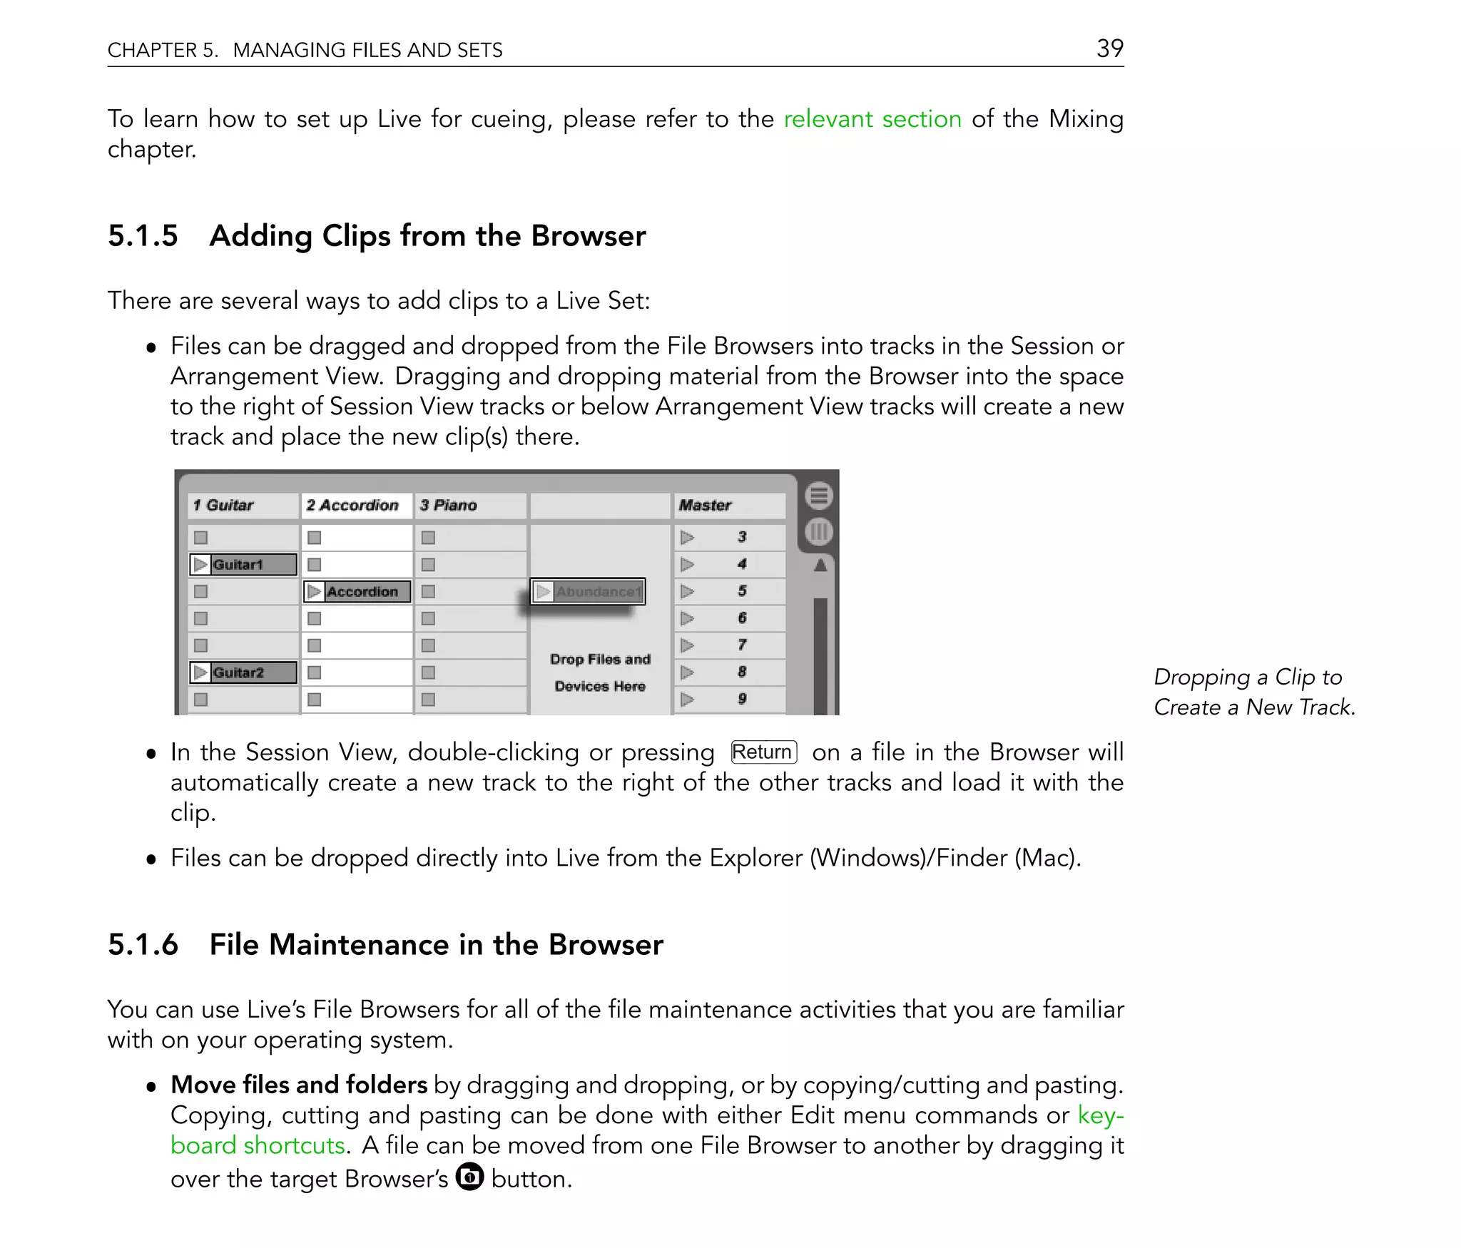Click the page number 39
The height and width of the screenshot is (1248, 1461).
(x=1109, y=48)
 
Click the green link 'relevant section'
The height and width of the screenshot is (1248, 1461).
(x=872, y=118)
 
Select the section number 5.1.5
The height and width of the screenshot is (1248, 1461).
(x=143, y=236)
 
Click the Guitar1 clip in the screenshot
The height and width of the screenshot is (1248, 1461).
(x=243, y=565)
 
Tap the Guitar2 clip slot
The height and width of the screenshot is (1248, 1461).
(x=243, y=672)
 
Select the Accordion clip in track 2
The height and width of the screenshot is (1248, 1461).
(x=357, y=592)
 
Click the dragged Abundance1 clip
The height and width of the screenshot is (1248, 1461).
(x=589, y=592)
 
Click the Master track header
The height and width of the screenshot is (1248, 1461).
(x=705, y=506)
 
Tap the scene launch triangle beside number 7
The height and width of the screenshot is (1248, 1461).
(x=687, y=645)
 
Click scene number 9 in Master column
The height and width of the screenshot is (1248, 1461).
(x=742, y=699)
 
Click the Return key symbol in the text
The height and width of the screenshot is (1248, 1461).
(x=763, y=752)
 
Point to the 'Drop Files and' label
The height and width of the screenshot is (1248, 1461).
(x=600, y=660)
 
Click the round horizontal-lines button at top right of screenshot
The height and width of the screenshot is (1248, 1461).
(x=818, y=496)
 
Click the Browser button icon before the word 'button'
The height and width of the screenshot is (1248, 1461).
(x=469, y=1177)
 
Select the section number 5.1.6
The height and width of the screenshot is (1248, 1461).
(x=143, y=945)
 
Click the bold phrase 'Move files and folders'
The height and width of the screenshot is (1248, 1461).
(x=298, y=1085)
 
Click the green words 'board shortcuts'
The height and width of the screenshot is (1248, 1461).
(x=258, y=1145)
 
